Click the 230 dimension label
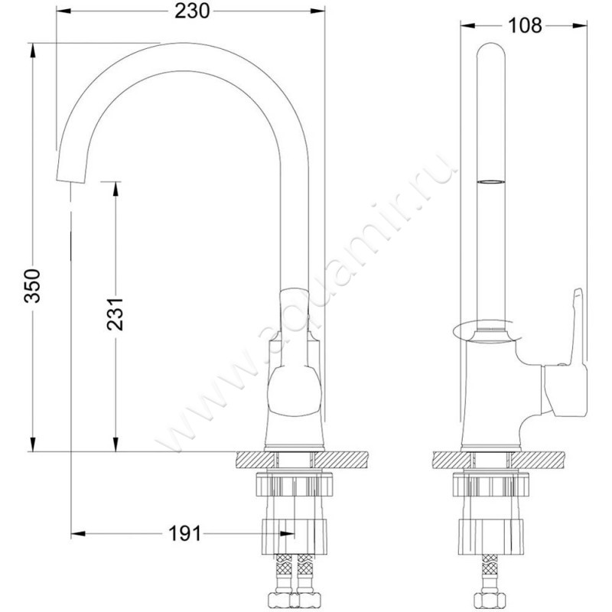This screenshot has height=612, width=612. coord(192,11)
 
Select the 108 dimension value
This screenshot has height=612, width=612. coord(525,26)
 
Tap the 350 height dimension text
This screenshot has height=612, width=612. coord(32,285)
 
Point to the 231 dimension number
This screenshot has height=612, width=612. coord(116,314)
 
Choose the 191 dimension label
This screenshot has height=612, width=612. coord(184,533)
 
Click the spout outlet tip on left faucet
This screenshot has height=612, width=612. coord(70,181)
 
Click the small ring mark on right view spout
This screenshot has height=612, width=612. coord(491,182)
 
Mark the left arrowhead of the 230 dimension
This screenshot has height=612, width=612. coord(63,11)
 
